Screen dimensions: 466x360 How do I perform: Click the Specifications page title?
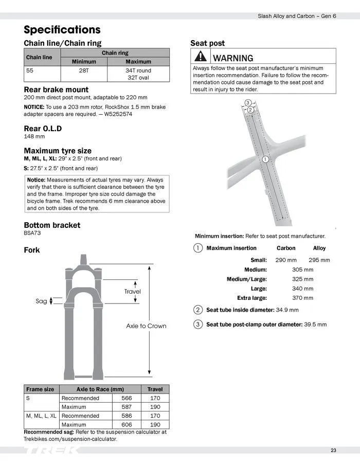pos(62,29)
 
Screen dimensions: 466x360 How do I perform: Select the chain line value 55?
pos(30,70)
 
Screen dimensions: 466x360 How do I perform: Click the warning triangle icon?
pos(200,57)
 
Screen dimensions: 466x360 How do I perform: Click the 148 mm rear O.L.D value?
pos(34,136)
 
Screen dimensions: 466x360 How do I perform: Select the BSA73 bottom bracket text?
pos(32,233)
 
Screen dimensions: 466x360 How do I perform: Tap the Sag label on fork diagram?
pos(41,301)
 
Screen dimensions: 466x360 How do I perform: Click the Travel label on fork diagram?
pos(132,292)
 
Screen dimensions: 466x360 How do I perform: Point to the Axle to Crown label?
pos(146,326)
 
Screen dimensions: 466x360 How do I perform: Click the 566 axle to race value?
pos(127,398)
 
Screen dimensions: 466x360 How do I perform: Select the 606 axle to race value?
pos(127,424)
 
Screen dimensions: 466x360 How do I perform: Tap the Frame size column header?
pos(40,389)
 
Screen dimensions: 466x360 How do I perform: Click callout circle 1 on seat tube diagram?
pos(265,159)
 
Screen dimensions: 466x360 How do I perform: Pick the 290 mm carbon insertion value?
pos(286,260)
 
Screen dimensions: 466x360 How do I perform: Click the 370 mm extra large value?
pos(302,298)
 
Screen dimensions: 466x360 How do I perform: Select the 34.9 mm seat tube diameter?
pos(287,310)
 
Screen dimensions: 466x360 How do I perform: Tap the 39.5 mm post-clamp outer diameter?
pos(315,325)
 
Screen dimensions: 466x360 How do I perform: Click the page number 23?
pos(333,451)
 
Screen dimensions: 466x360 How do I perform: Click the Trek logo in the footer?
pos(51,451)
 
